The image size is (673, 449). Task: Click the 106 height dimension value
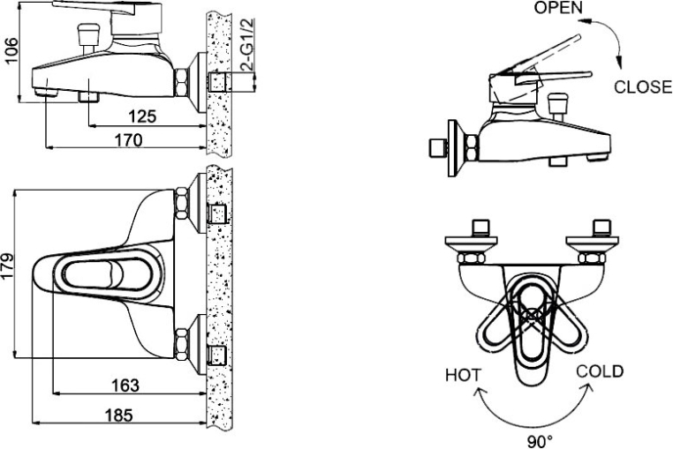click(x=11, y=50)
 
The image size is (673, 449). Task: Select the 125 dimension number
click(x=143, y=116)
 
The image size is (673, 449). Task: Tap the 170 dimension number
click(x=128, y=139)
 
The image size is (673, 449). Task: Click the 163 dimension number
click(x=125, y=385)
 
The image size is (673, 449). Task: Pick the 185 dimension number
click(x=119, y=415)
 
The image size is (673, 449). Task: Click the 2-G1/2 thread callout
click(x=247, y=45)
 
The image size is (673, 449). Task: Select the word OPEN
click(x=558, y=7)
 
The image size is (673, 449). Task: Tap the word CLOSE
click(x=643, y=87)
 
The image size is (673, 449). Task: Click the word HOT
click(x=463, y=375)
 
